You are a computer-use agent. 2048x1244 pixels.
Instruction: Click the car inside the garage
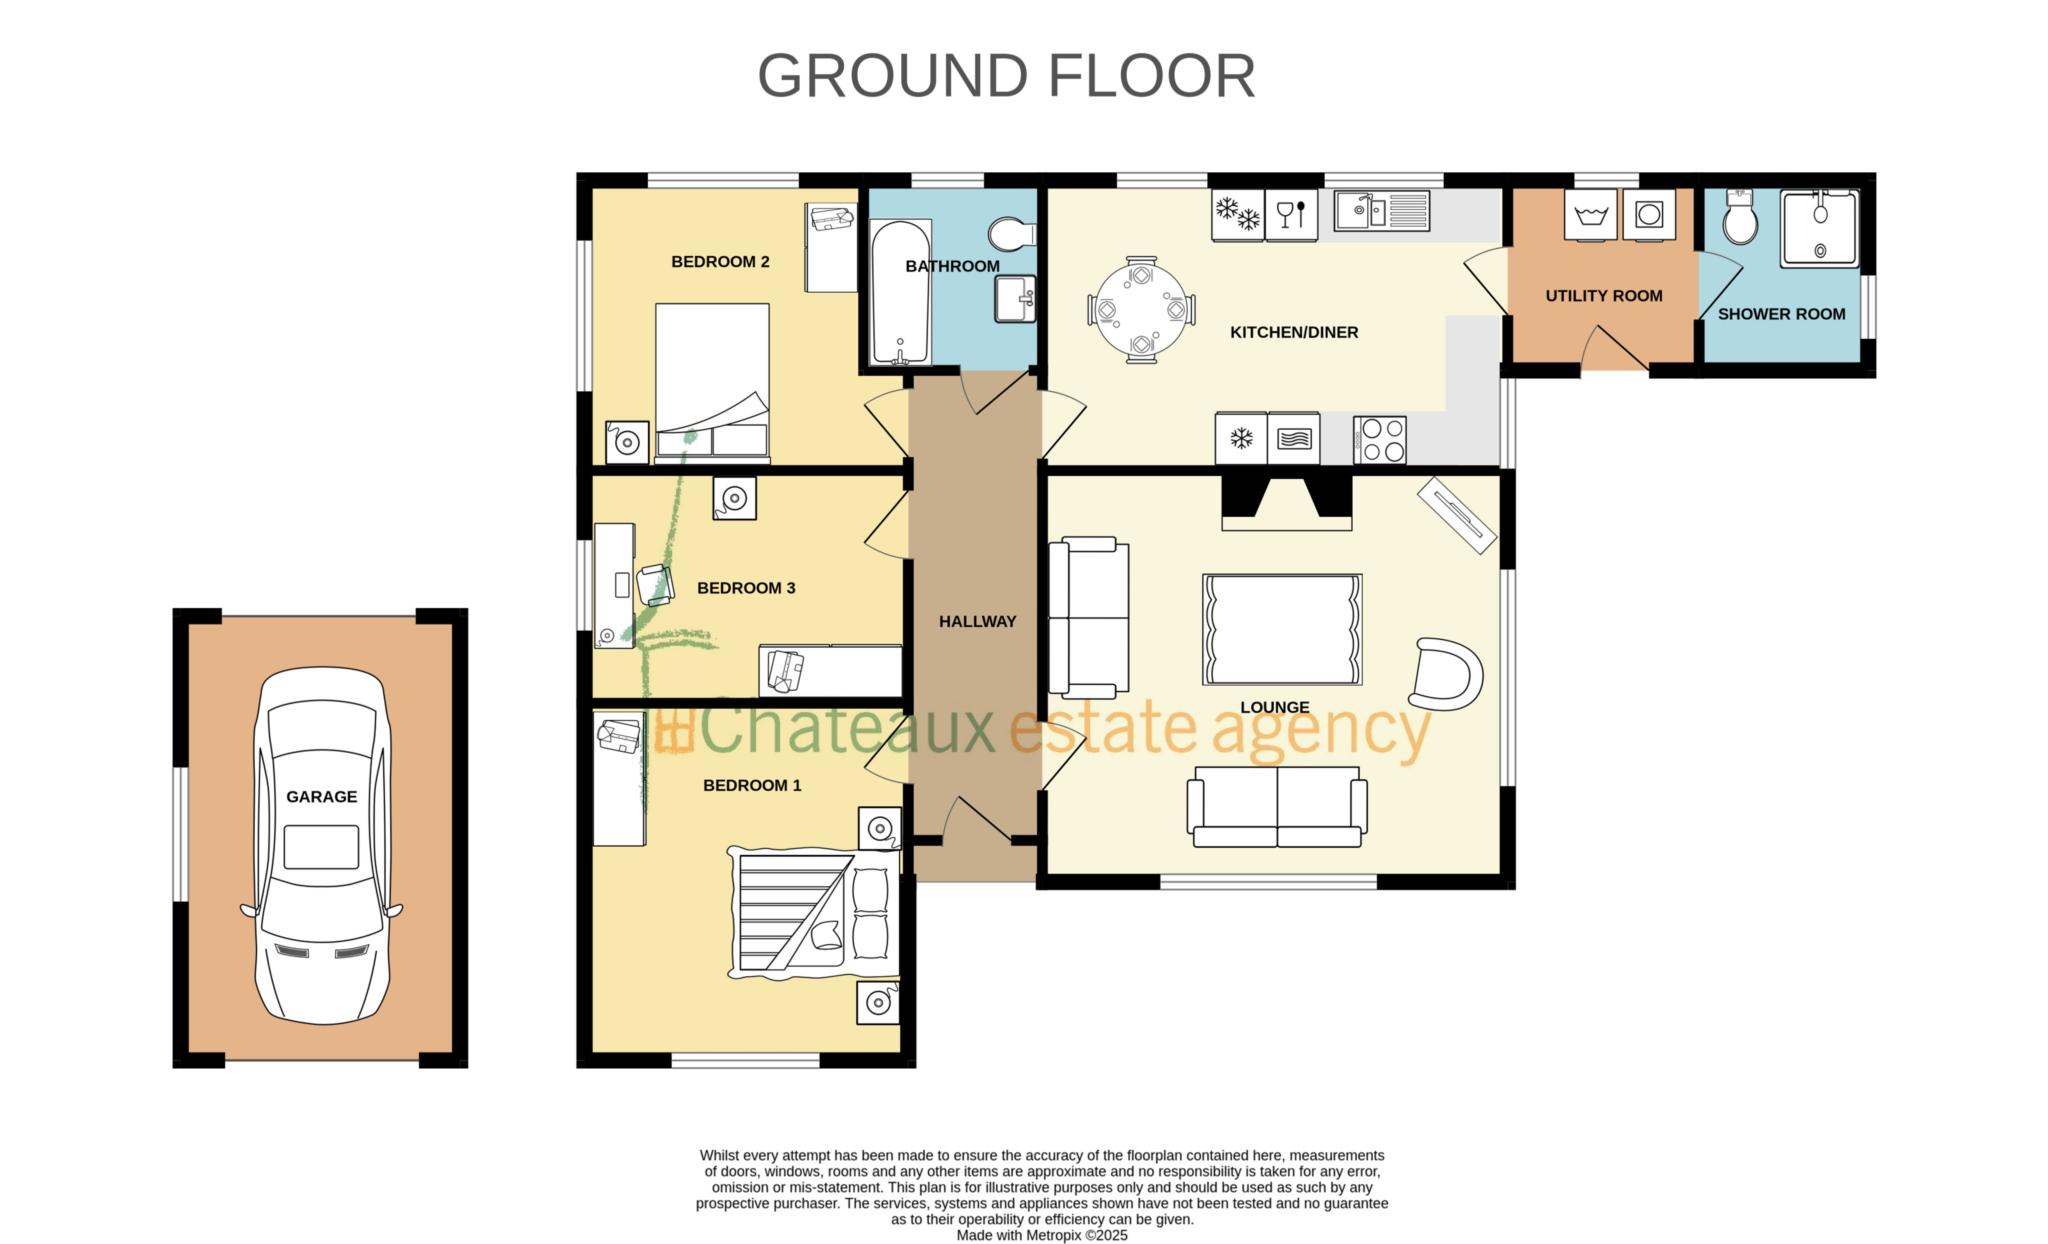coord(321,846)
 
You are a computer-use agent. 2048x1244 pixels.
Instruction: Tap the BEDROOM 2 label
coord(720,262)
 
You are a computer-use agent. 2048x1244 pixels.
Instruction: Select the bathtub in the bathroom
coord(900,292)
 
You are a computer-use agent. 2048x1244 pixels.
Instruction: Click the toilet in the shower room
coord(1740,217)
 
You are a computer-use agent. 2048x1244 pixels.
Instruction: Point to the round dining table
coord(1141,310)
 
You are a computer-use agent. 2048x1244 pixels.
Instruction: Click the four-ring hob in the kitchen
coord(1380,440)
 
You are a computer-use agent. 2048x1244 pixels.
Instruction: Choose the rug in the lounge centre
coord(1282,629)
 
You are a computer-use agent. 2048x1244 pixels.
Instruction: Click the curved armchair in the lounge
coord(1447,674)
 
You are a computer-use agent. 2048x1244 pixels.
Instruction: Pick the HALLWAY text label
coord(977,622)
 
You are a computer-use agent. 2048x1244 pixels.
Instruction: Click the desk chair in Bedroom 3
coord(654,584)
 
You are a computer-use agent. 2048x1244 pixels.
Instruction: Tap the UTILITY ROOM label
coord(1603,296)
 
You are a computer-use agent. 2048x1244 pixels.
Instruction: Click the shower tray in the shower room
coord(1819,228)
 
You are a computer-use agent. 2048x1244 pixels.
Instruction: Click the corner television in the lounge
coord(1456,515)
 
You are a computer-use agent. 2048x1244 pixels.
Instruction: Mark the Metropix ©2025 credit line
coord(1041,1235)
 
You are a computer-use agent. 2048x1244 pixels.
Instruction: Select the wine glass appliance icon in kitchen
coord(1291,215)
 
